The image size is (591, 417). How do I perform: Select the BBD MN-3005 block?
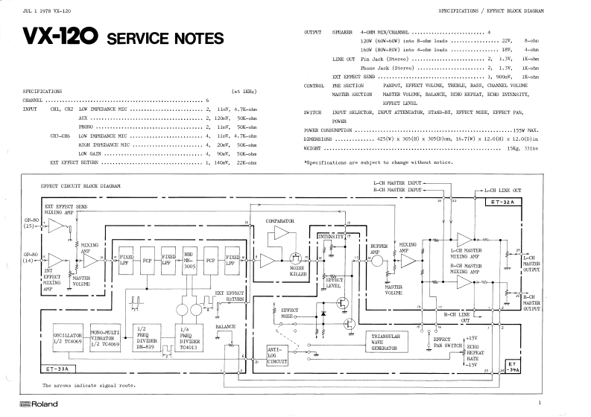(190, 260)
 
